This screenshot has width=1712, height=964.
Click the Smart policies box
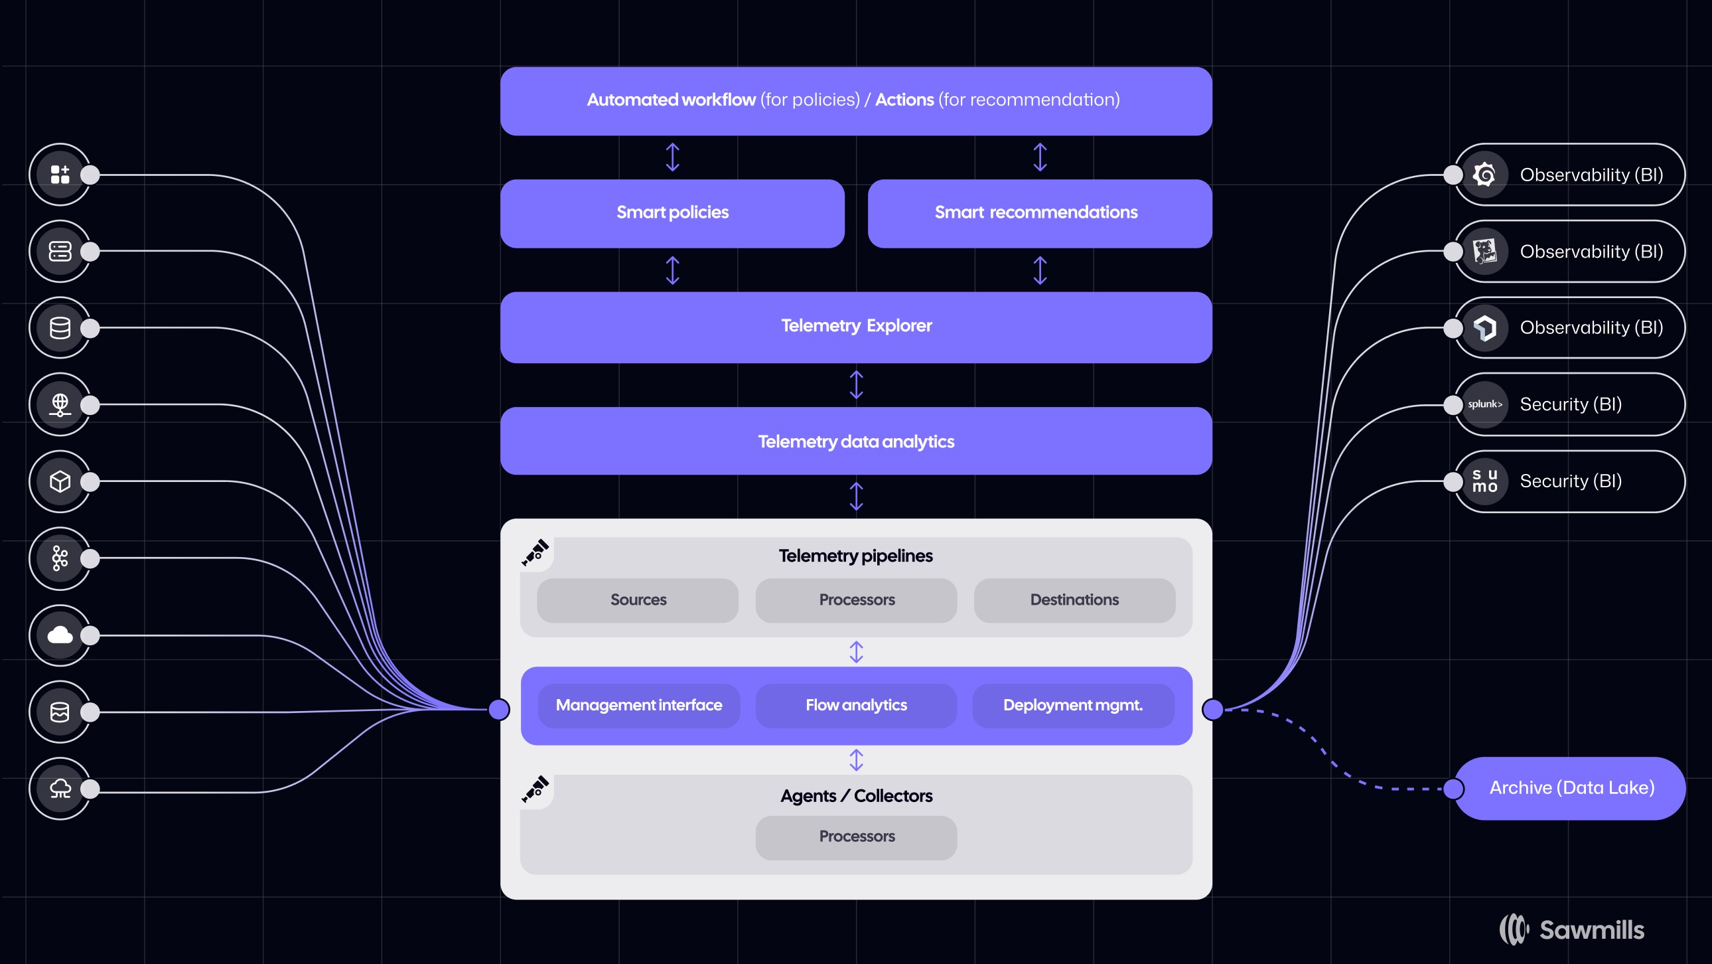point(672,213)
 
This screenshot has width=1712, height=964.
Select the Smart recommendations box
point(1039,213)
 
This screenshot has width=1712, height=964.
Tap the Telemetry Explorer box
point(856,327)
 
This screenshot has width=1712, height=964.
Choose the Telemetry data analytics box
point(856,441)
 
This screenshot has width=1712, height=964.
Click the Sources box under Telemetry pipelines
point(637,600)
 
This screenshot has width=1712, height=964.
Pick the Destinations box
point(1074,600)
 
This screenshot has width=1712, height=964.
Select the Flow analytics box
point(856,705)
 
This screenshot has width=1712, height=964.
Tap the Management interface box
point(638,705)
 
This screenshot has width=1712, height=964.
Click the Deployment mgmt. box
point(1074,705)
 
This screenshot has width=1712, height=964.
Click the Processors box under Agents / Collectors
point(856,838)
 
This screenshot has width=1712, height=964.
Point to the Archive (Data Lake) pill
point(1570,789)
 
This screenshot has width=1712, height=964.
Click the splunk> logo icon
point(1484,404)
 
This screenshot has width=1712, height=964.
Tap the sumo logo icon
point(1484,481)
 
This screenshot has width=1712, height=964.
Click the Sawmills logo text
point(1592,929)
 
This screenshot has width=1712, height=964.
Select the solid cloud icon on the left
point(60,635)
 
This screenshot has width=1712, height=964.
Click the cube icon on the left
point(60,481)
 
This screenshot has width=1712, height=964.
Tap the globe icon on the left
point(60,404)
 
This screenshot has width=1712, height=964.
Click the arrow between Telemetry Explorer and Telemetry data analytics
point(856,385)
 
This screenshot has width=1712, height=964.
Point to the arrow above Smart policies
point(673,157)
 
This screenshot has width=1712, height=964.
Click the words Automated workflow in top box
point(672,100)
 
